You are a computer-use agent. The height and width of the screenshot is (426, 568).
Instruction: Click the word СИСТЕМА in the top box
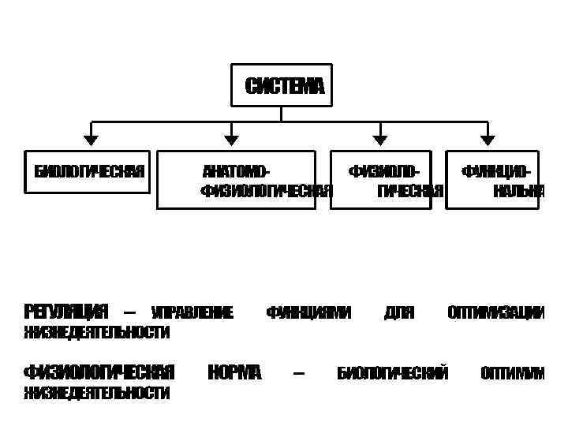pos(284,86)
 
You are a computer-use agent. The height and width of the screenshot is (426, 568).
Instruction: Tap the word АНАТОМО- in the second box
pos(236,171)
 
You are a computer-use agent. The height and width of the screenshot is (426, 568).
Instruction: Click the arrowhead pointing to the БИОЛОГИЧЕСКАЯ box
pos(92,140)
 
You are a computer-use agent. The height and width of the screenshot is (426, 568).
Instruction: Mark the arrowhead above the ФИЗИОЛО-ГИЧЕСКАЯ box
pos(380,140)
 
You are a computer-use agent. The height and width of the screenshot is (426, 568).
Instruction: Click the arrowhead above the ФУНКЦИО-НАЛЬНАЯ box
pos(488,140)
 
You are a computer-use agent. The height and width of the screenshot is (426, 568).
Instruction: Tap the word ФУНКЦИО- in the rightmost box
pos(495,171)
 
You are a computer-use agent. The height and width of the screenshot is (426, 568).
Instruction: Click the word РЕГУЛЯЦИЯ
pos(65,312)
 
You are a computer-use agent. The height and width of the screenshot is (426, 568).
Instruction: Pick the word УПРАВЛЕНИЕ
pos(192,313)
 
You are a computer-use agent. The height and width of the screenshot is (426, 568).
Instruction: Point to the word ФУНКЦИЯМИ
pos(308,313)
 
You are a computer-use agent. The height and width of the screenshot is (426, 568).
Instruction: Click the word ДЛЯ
pos(398,313)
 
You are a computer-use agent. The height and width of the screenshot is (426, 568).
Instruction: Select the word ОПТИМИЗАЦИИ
pos(495,313)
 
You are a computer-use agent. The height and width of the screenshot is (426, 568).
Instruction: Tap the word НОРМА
pos(234,372)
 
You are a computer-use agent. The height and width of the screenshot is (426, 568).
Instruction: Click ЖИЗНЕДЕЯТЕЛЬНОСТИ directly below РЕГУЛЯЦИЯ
pos(96,333)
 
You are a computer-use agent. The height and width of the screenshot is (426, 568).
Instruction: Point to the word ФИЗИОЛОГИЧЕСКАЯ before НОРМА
pos(99,372)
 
